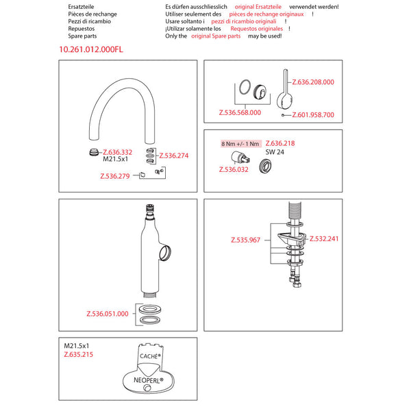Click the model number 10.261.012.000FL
coord(91,49)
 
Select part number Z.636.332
coord(117,152)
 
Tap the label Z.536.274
coord(174,155)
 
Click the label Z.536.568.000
coord(240,112)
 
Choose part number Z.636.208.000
coord(313,82)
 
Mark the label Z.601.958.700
coord(313,115)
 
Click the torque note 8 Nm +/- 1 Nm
coord(240,144)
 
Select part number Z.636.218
coord(280,144)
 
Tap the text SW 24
coord(275,152)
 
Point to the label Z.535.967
coord(246,240)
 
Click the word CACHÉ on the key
coord(149,358)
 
